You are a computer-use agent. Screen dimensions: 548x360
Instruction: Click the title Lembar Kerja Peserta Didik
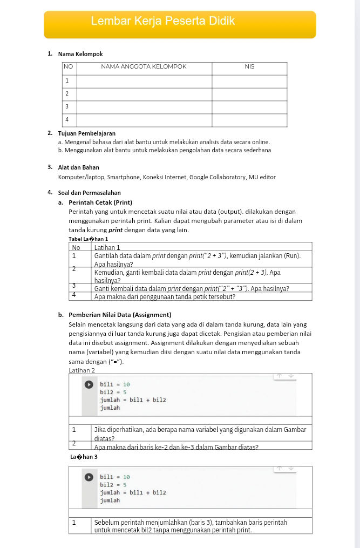163,22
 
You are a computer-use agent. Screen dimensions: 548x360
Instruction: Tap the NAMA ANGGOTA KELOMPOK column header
144,67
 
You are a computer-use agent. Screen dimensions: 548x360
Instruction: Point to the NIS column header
249,67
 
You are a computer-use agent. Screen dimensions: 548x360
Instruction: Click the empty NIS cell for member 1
249,81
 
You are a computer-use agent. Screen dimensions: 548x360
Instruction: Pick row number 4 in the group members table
67,119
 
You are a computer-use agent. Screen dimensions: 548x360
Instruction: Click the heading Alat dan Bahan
78,167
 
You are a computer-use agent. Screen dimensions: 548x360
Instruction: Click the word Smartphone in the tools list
124,177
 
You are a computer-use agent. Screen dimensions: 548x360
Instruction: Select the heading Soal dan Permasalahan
89,192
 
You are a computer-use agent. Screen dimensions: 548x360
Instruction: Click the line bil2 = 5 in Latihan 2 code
113,393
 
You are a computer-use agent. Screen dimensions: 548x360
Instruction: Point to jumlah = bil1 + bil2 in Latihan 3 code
133,493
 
